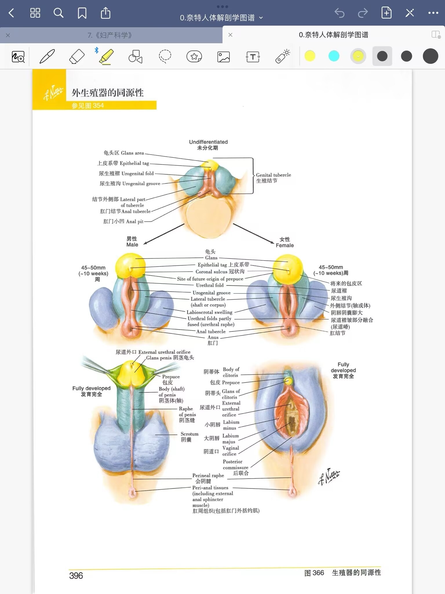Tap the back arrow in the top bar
tap(12, 13)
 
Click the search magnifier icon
tap(58, 13)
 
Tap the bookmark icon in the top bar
tap(82, 13)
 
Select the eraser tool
tap(77, 56)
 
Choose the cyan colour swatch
tap(334, 56)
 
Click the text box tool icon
tap(253, 57)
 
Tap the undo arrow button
tap(339, 13)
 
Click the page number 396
tap(76, 575)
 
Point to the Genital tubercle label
tap(273, 175)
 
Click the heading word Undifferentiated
tap(208, 142)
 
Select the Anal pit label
tap(134, 221)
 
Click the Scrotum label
tap(189, 434)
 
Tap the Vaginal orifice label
tap(230, 451)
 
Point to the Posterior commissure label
tap(235, 464)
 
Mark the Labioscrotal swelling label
tap(209, 312)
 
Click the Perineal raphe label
tap(208, 475)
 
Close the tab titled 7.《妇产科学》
tap(8, 35)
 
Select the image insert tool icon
tap(223, 57)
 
